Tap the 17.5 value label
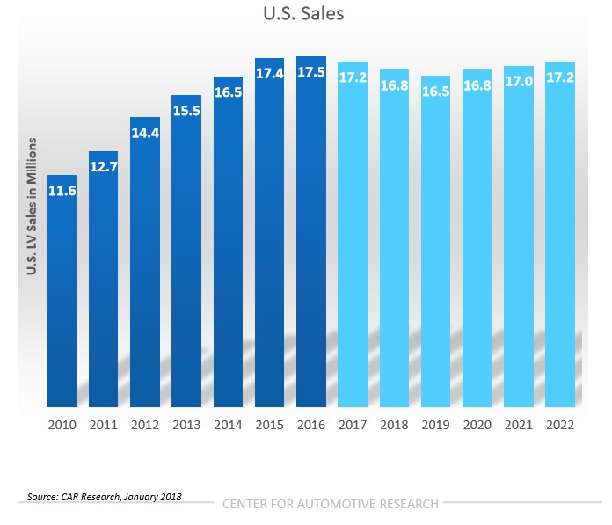click(311, 73)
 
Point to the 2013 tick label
click(186, 424)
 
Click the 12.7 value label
click(104, 167)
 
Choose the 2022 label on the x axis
click(559, 424)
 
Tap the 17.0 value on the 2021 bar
click(518, 82)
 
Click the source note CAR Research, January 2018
click(105, 497)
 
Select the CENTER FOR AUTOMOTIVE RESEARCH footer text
click(330, 504)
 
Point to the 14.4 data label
click(145, 133)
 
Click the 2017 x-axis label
click(353, 424)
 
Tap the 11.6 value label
click(62, 190)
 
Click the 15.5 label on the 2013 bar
click(186, 112)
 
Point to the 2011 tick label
click(104, 424)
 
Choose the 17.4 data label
click(270, 74)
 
